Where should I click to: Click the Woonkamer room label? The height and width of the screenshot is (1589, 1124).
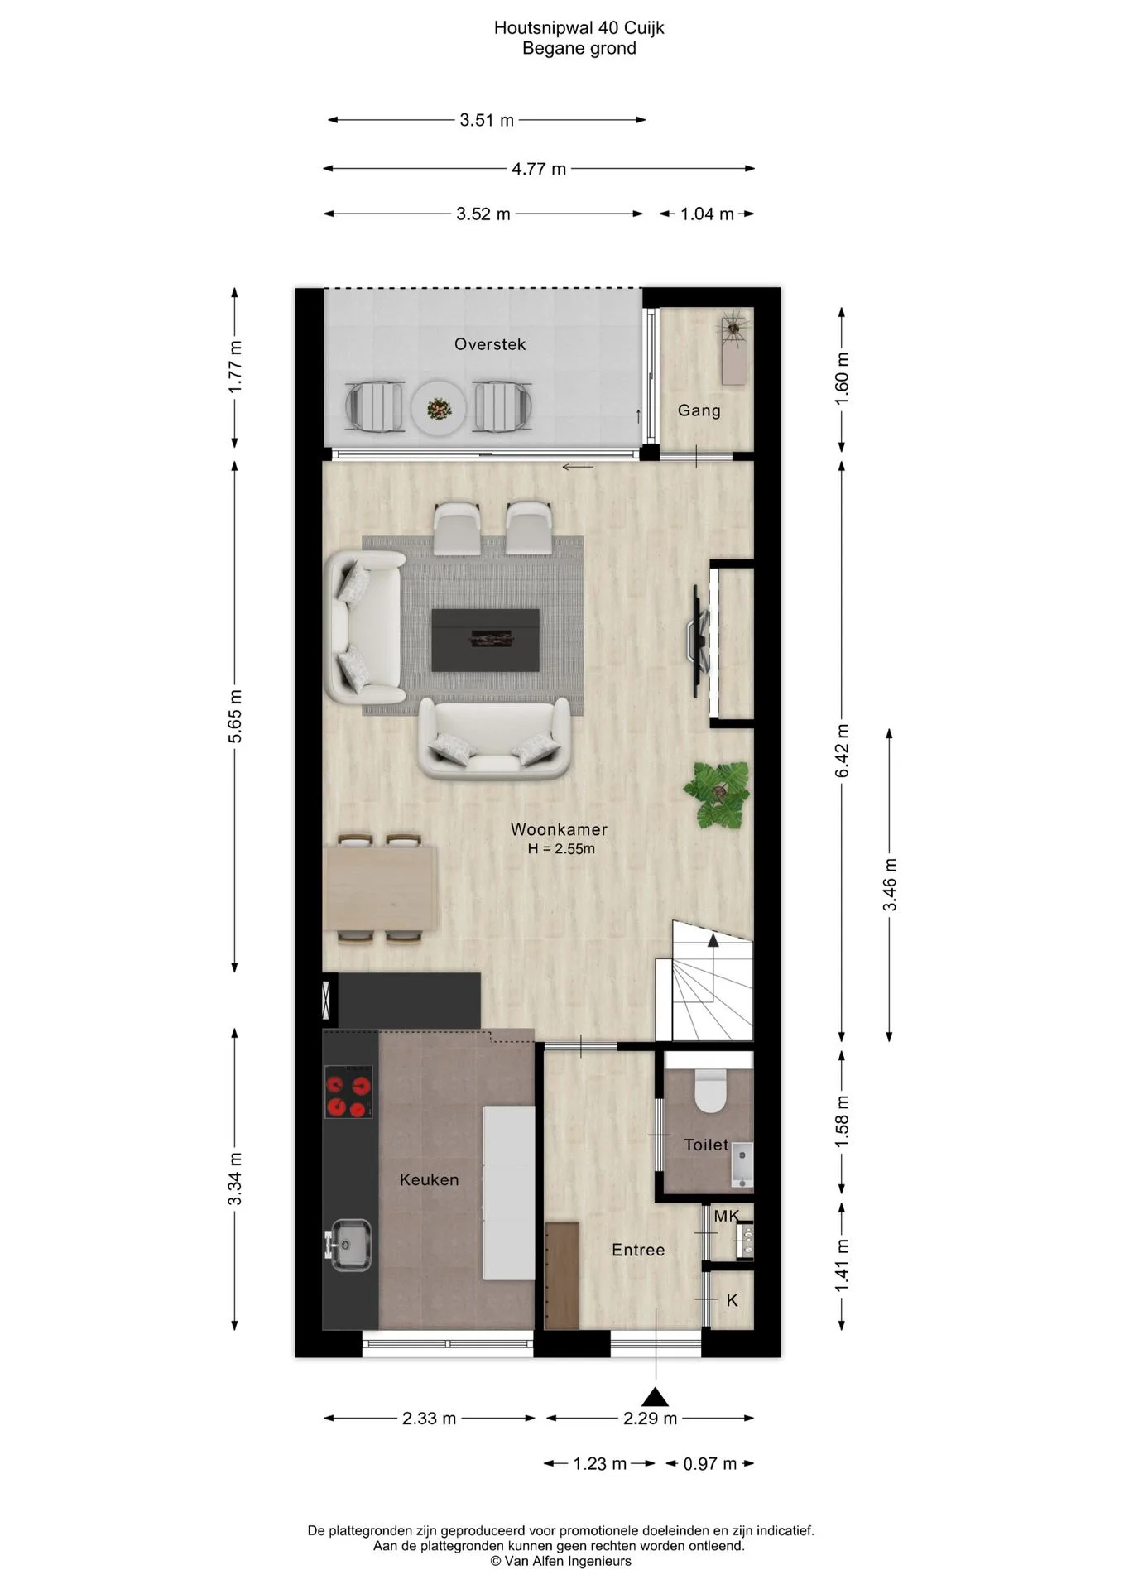[559, 829]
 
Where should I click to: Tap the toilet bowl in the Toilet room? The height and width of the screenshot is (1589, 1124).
[709, 1090]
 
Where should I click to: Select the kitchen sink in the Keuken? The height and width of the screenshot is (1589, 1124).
[351, 1245]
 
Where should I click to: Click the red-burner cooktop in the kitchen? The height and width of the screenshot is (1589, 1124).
[348, 1092]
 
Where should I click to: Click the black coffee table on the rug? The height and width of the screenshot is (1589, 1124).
[485, 640]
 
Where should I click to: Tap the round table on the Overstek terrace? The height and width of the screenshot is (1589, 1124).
[439, 407]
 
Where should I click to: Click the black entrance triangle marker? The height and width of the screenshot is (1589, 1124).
[656, 1396]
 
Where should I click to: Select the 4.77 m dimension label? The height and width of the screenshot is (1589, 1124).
[539, 169]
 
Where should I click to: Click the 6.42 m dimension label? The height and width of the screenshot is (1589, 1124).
[843, 751]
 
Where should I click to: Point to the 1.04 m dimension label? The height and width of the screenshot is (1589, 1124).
[707, 214]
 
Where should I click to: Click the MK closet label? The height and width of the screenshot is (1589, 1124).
[726, 1217]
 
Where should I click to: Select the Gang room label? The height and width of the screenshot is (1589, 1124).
[699, 410]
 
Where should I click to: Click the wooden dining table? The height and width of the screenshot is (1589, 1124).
[381, 888]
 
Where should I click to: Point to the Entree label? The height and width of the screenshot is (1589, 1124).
[638, 1250]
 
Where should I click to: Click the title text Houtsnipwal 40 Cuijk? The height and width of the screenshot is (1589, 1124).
[579, 28]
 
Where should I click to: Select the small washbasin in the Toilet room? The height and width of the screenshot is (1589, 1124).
[742, 1164]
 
